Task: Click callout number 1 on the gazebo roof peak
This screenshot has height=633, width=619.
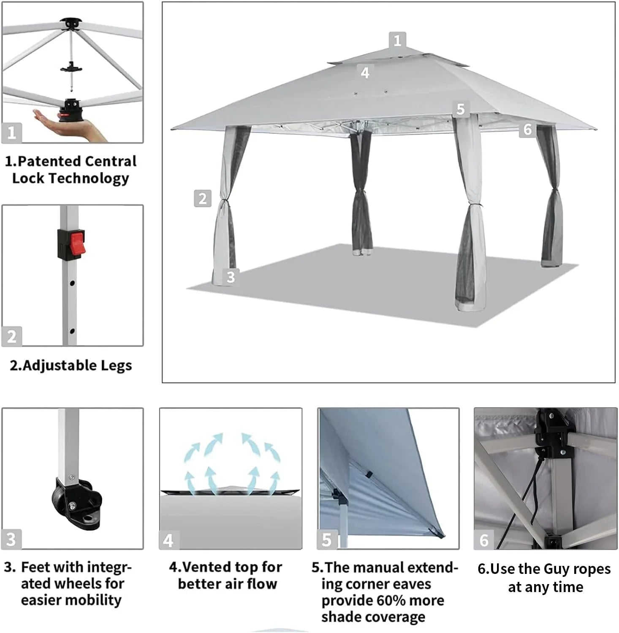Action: pos(397,41)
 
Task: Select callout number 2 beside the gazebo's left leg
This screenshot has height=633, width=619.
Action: pos(202,198)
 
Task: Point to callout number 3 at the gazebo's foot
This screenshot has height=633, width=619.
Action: pos(231,277)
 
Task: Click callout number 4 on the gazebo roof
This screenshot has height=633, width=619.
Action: pos(365,73)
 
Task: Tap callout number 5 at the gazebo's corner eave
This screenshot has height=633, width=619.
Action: pos(461,109)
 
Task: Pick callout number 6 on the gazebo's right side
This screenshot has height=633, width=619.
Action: pos(527,129)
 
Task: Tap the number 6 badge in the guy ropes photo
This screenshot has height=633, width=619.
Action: pos(484,540)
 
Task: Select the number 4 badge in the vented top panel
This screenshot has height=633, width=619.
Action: pos(168,540)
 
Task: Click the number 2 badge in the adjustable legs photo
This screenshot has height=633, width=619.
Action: pos(11,337)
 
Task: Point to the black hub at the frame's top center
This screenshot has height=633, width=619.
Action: pos(70,23)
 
